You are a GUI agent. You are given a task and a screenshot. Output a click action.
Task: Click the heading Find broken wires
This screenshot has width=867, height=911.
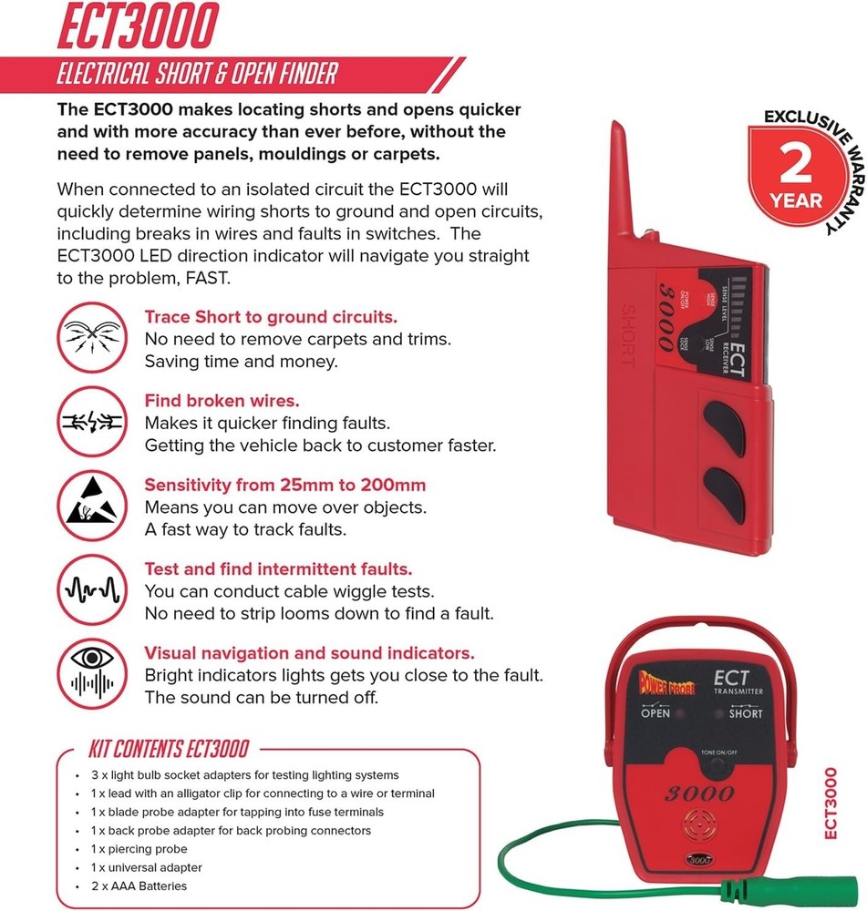[x=222, y=401]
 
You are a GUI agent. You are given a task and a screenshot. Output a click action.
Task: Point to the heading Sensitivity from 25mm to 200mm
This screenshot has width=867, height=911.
[x=285, y=485]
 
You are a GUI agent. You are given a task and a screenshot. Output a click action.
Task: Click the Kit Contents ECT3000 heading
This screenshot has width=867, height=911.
[x=168, y=750]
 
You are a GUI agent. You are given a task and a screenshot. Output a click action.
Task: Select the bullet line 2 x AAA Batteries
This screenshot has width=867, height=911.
[x=139, y=886]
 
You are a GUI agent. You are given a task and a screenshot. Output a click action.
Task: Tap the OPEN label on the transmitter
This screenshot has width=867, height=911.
[x=655, y=713]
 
